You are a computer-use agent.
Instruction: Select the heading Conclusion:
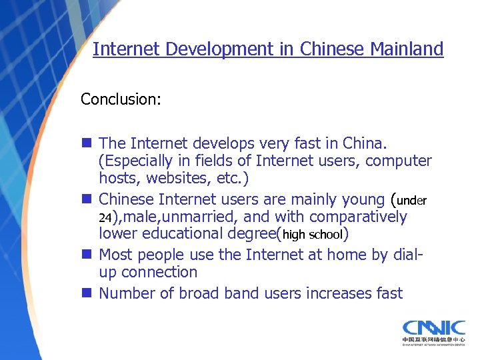[120, 99]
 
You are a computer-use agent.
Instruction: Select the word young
[359, 199]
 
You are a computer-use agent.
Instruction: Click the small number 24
[106, 217]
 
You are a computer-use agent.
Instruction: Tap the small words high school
[313, 234]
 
